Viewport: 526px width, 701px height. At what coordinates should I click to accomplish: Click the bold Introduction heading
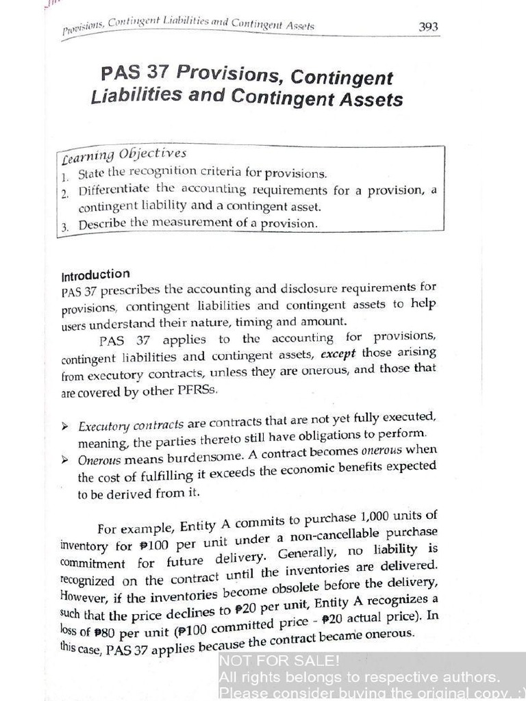tap(95, 275)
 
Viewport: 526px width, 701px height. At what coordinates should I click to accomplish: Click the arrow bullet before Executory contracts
tap(65, 426)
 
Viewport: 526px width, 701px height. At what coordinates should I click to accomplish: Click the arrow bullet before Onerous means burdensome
tap(65, 459)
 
